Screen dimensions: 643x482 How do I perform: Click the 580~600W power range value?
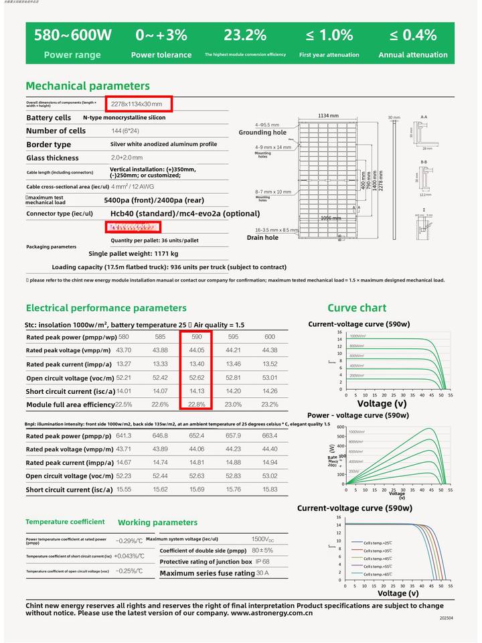click(x=73, y=35)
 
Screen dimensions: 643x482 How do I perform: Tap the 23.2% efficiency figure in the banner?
click(x=245, y=35)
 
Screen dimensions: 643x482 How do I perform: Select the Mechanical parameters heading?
click(x=88, y=86)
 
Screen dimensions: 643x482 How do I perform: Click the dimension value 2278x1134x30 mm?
click(x=137, y=104)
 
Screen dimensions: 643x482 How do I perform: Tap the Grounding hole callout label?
click(x=262, y=133)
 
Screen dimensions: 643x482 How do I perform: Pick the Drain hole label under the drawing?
click(x=262, y=238)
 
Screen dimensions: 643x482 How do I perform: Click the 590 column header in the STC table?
click(x=197, y=337)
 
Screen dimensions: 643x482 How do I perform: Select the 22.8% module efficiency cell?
click(x=197, y=405)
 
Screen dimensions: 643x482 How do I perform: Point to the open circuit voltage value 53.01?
click(x=270, y=378)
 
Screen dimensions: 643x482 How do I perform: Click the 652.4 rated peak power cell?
click(x=197, y=435)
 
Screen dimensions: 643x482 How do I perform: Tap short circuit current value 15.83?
click(x=270, y=490)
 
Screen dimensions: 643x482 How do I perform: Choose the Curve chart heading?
click(x=356, y=308)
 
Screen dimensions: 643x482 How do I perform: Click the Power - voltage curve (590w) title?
click(x=357, y=415)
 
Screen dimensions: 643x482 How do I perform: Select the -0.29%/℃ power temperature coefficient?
click(x=129, y=540)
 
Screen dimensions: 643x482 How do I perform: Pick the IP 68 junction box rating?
click(x=262, y=561)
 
